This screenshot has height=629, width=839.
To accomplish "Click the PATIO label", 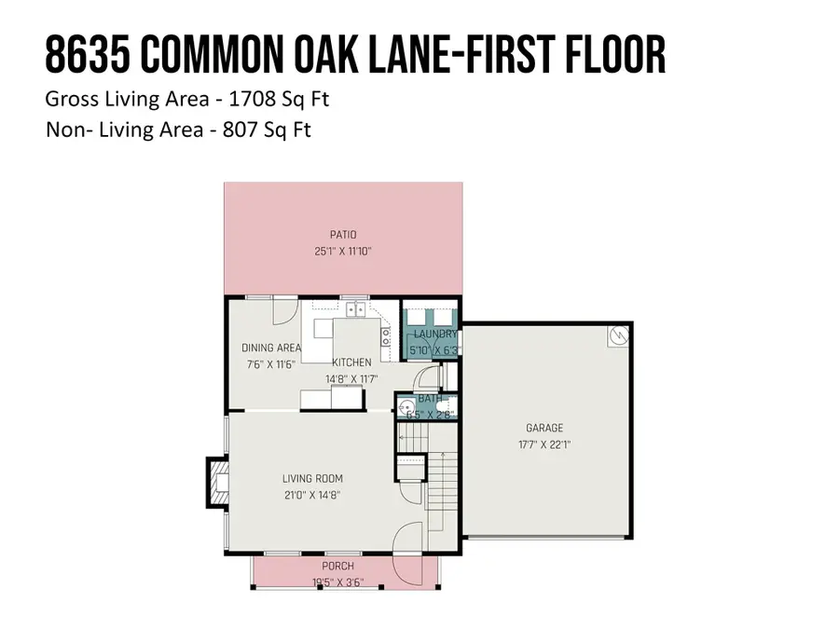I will pos(342,235).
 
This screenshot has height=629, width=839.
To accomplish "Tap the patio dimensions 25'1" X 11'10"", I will pos(342,252).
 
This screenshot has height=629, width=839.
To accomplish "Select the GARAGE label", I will pos(545,429).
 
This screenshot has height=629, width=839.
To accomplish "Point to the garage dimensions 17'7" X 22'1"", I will pos(545,445).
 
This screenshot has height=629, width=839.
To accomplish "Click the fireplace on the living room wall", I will pos(217,482).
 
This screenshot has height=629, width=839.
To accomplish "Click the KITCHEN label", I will pos(351,362).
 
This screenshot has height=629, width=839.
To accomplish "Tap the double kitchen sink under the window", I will pos(353,310).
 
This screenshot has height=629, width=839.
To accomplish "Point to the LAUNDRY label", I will pos(434,335).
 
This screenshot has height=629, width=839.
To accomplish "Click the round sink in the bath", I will pos(406,407).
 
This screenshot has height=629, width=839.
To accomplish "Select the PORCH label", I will pos(337,567).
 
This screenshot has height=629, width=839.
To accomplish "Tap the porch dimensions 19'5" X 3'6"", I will pos(337,582).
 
